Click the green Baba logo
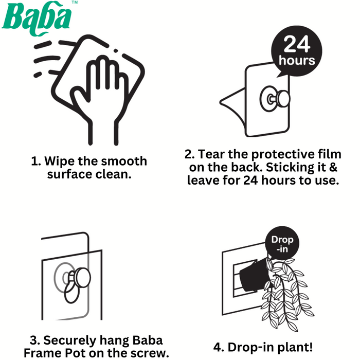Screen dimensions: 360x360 click(37, 19)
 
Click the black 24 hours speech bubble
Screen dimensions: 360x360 click(296, 51)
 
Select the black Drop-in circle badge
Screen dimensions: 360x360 click(282, 244)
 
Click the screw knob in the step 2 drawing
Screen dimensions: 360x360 click(284, 99)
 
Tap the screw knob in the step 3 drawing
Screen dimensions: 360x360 click(82, 278)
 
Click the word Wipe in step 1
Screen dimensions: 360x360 click(60, 161)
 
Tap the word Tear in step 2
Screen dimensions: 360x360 click(211, 154)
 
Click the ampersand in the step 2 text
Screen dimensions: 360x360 click(333, 167)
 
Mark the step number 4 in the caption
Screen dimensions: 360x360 click(217, 347)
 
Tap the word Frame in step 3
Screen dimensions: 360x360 click(41, 353)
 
